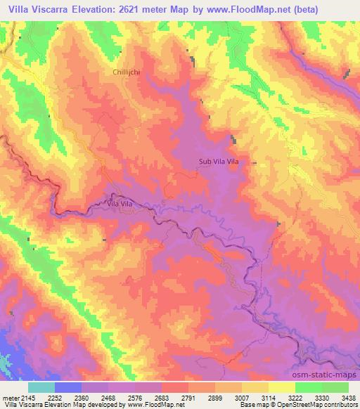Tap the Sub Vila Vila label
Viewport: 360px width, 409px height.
click(x=219, y=162)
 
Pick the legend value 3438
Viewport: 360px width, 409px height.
click(x=347, y=397)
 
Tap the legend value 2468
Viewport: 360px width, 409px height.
click(x=123, y=397)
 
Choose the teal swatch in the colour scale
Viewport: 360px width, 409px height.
click(x=41, y=387)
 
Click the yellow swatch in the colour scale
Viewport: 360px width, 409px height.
click(x=281, y=387)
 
